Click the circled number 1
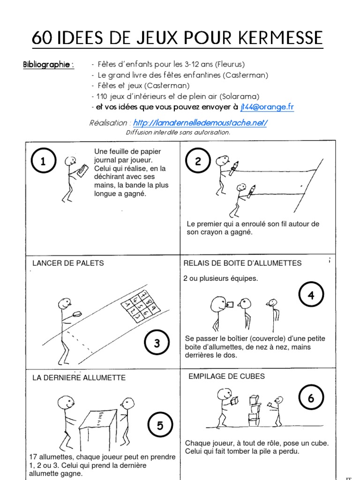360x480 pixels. click(43, 162)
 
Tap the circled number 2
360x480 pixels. click(198, 162)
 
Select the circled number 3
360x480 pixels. click(157, 343)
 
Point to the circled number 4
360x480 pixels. click(311, 295)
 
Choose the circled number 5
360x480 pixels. click(160, 425)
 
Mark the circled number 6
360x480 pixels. click(311, 398)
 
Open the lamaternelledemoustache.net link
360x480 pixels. click(200, 123)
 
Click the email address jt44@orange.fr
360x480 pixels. click(267, 107)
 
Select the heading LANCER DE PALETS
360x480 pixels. click(68, 263)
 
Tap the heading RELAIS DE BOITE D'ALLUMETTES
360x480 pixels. click(242, 263)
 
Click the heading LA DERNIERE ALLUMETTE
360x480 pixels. click(79, 378)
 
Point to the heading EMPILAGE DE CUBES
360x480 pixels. click(226, 376)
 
